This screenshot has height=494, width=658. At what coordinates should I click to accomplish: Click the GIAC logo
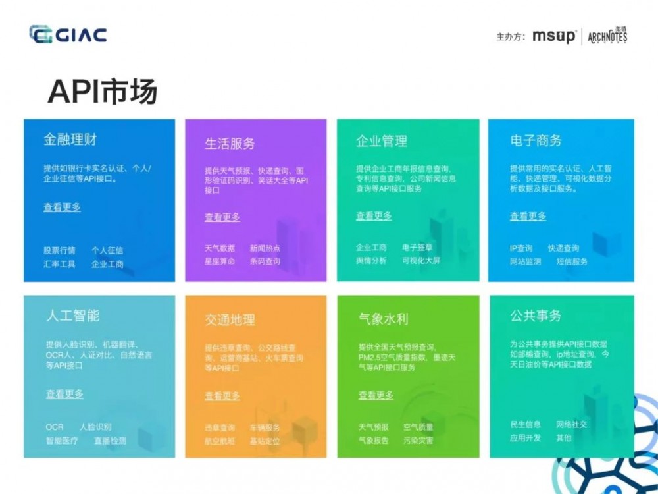(x=68, y=34)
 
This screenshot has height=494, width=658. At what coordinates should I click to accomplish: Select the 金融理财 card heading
(x=70, y=140)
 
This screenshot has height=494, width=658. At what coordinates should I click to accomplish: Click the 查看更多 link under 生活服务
(x=222, y=217)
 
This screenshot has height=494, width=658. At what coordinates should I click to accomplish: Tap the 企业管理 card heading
(x=382, y=141)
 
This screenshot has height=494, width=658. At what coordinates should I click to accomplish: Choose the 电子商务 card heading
(x=536, y=141)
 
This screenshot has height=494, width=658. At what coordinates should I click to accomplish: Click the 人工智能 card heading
(x=73, y=316)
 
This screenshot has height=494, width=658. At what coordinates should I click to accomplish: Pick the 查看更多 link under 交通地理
(x=222, y=396)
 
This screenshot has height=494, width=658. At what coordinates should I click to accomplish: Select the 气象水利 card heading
(x=384, y=319)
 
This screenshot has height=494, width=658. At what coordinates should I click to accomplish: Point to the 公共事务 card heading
(x=536, y=316)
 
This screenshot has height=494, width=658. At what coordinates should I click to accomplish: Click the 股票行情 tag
(x=60, y=250)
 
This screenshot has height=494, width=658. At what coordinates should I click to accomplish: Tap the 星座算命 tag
(x=220, y=261)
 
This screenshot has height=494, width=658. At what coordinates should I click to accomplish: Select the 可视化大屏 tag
(x=421, y=260)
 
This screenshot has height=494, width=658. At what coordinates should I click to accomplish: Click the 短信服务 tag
(x=572, y=261)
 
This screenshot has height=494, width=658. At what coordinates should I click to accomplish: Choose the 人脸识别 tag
(x=95, y=427)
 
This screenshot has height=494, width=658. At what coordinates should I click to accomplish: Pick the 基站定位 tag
(x=265, y=441)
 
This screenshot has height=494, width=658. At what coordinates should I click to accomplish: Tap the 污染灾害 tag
(x=418, y=440)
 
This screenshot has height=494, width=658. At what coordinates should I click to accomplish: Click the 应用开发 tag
(x=526, y=437)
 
